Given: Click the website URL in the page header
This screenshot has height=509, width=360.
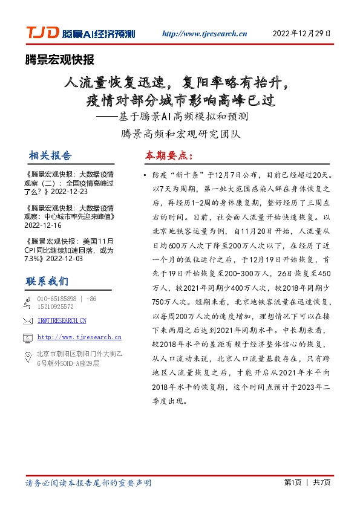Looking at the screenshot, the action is pos(206,34).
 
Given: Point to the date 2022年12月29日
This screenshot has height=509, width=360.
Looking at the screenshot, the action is pos(303,33).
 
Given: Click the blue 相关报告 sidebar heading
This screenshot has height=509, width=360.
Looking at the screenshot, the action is pos(49,155).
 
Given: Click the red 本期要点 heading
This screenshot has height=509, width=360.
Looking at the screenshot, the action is pos(168,155).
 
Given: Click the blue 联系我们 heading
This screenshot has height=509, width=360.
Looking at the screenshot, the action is pos(47,282).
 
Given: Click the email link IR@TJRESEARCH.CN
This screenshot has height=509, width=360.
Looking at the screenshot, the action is pos(62,320).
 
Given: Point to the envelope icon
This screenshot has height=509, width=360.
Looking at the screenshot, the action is pos(28,320).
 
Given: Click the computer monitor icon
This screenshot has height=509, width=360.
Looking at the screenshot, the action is pos(28,337).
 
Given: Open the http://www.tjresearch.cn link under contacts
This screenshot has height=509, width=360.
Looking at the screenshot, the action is pos(79,337).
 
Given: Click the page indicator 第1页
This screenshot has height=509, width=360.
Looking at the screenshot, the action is pos(293,482).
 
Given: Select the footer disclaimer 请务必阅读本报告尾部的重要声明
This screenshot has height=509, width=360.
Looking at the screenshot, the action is pos(88,483).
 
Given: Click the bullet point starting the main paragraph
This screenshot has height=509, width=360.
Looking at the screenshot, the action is pos(145,176).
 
